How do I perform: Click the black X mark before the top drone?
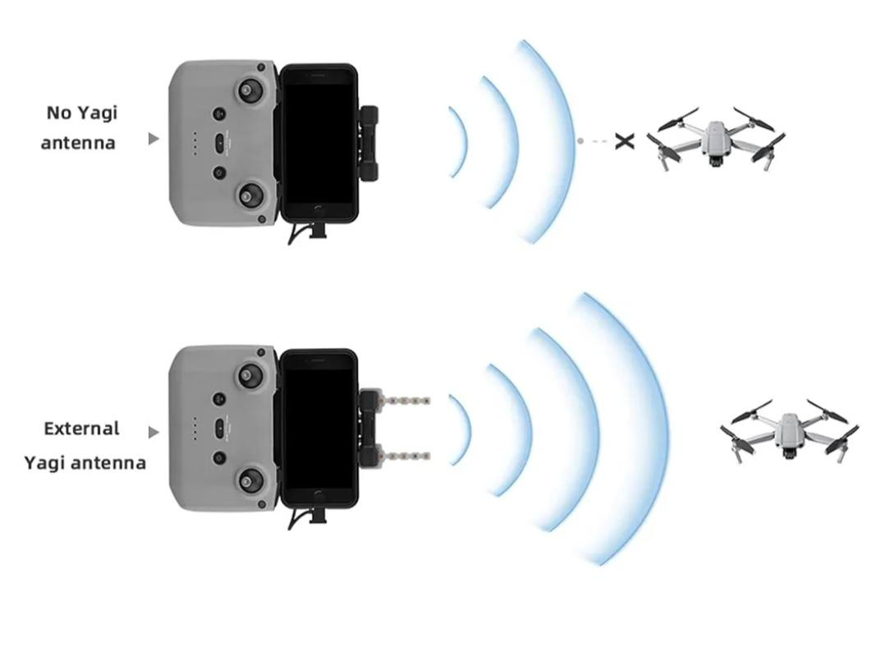point(624,141)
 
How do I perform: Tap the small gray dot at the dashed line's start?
point(580,140)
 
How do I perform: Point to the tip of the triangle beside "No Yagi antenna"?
point(159,138)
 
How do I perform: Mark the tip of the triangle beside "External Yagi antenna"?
point(159,433)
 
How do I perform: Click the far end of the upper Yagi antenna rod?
point(430,401)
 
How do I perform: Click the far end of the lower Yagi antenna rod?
point(430,455)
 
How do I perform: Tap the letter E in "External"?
point(49,429)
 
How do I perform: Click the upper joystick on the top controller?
point(249,90)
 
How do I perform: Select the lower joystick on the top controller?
point(248,196)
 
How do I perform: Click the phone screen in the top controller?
point(319,144)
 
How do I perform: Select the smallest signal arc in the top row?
point(458,142)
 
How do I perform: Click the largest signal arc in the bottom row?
point(623,429)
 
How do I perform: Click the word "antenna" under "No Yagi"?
point(78,143)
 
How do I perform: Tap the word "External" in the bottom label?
point(82,429)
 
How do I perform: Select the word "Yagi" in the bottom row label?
point(44,463)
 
